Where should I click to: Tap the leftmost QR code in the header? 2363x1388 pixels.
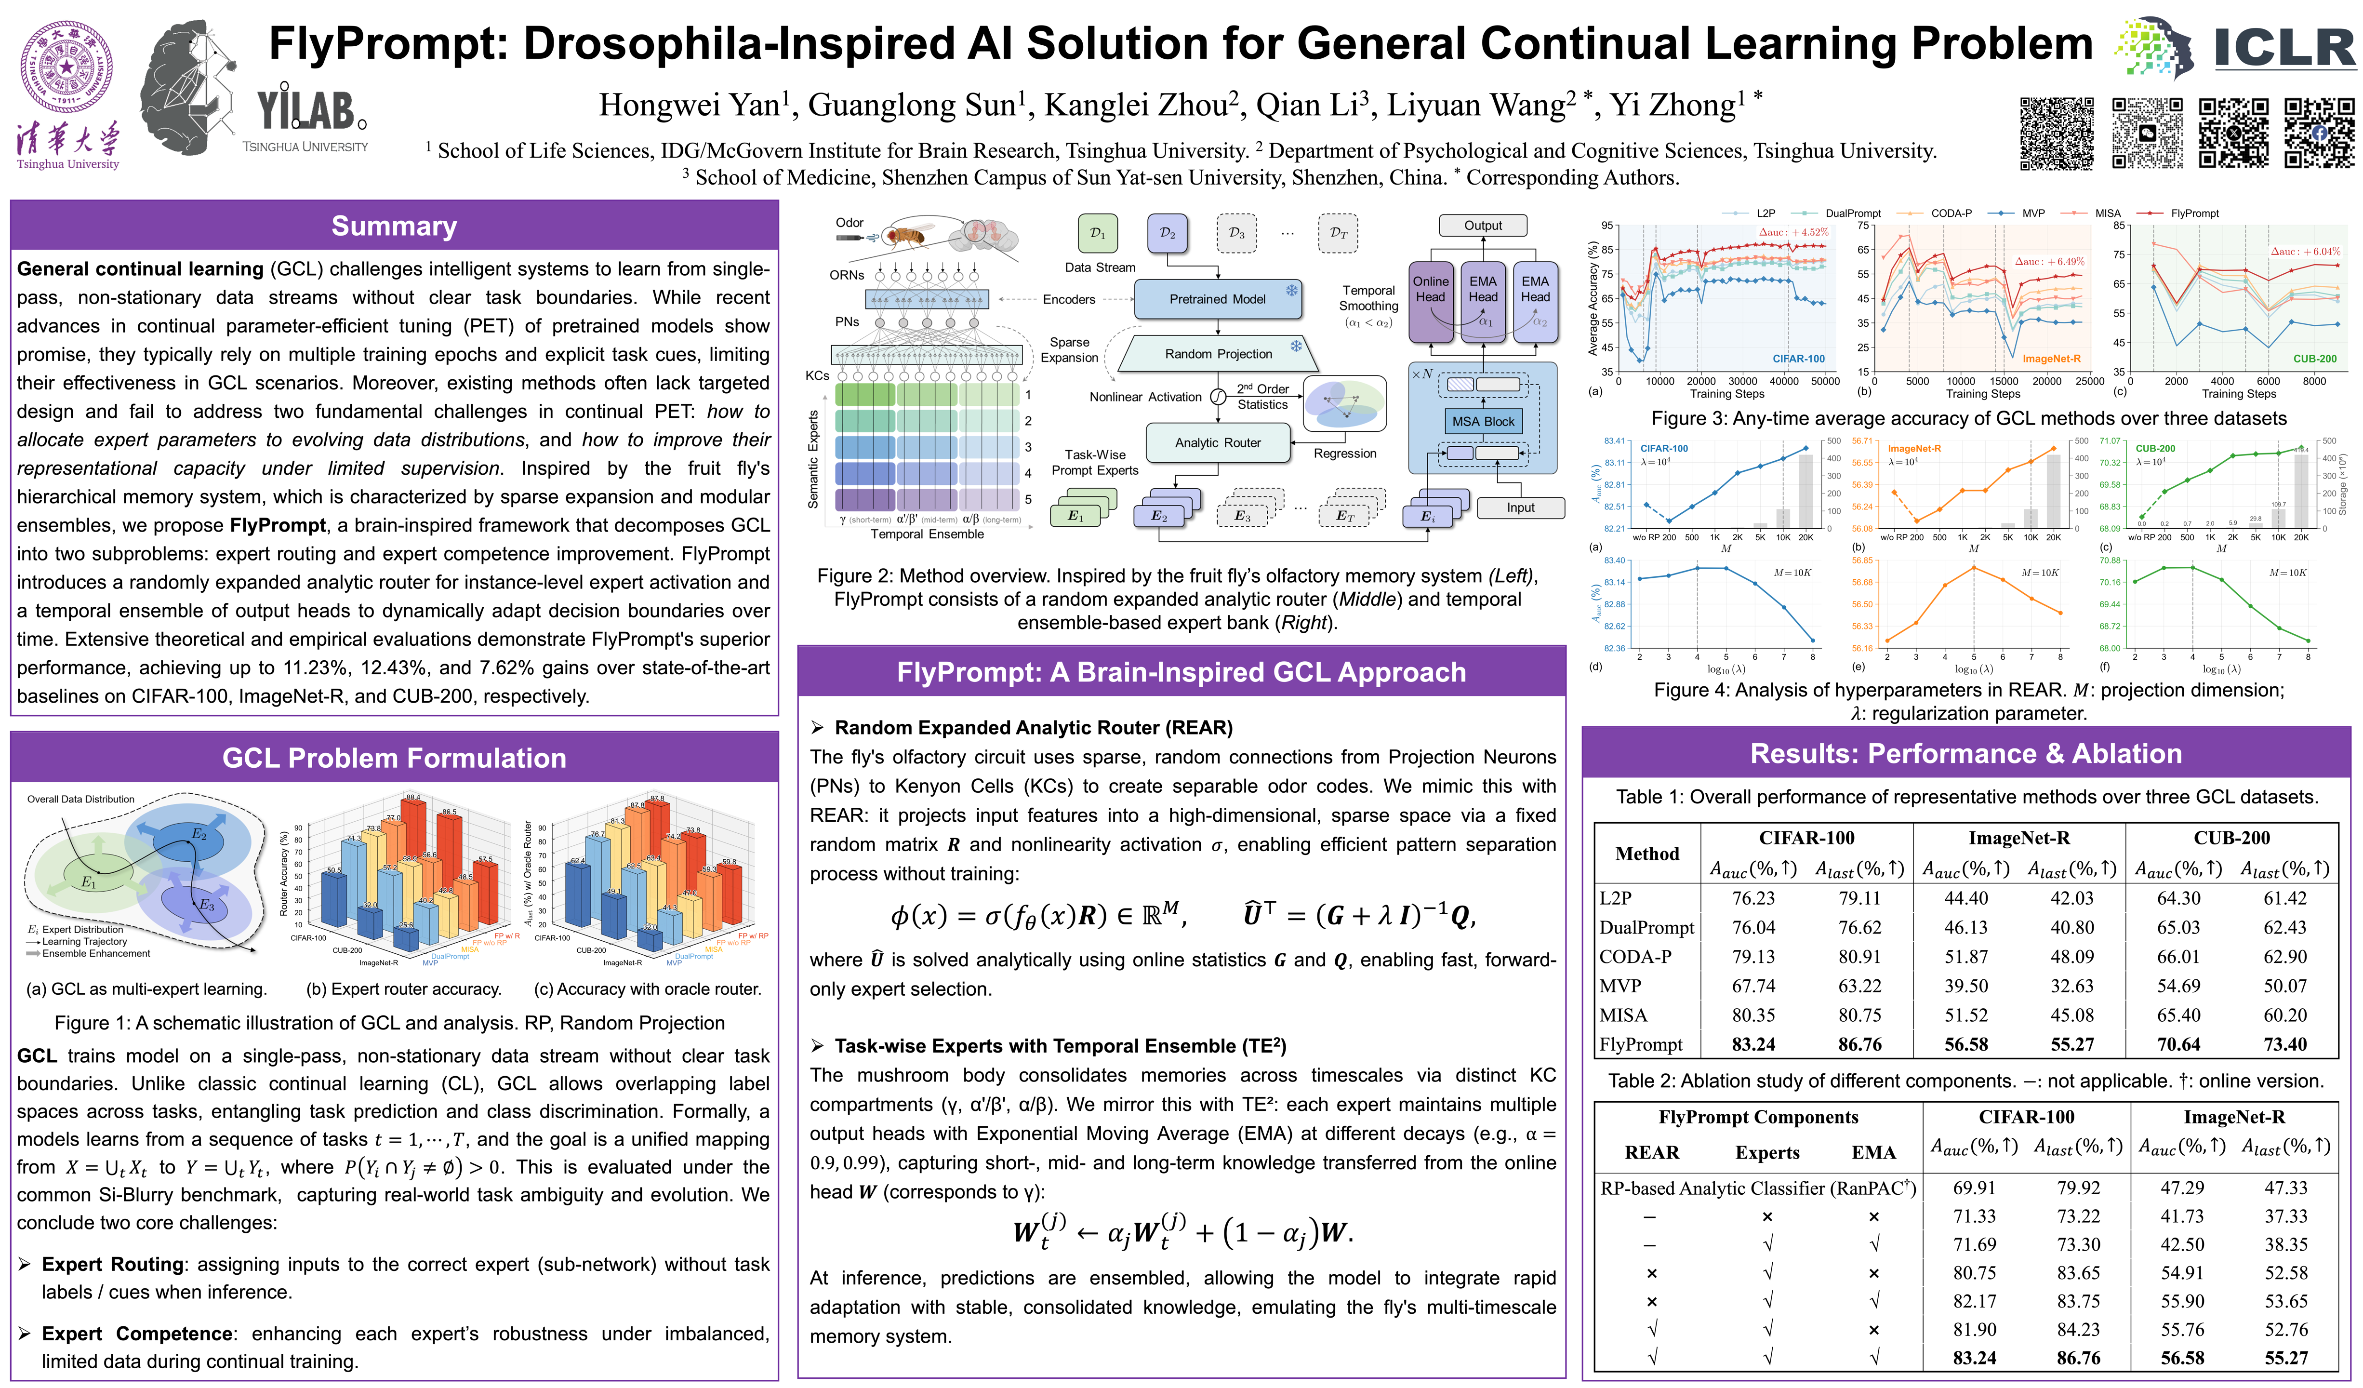[2057, 133]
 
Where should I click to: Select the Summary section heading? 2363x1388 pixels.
[394, 226]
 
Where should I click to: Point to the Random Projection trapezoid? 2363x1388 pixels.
[1218, 354]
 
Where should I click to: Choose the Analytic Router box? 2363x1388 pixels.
[1217, 442]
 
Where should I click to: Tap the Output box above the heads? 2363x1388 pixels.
[1483, 225]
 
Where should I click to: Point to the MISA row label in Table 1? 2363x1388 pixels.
[1623, 1015]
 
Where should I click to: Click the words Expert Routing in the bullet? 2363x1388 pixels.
[113, 1264]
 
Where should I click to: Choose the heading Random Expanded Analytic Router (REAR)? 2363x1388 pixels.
[1034, 728]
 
